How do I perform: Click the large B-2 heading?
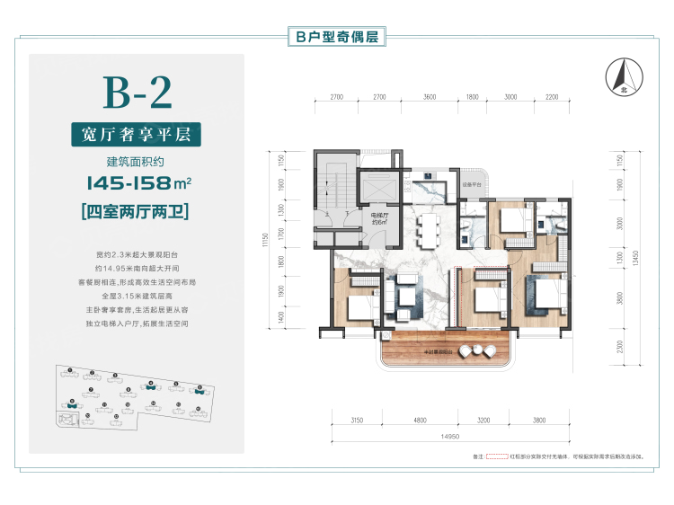[x=137, y=92]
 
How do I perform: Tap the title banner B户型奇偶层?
[x=337, y=37]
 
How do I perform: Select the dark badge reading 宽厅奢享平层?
[x=136, y=135]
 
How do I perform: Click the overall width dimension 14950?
[x=449, y=438]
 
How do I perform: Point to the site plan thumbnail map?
[x=131, y=399]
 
